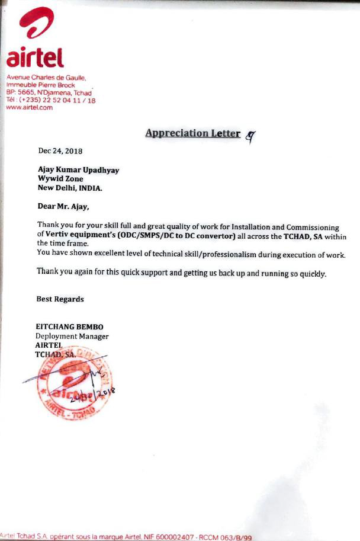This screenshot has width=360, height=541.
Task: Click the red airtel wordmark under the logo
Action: [x=35, y=58]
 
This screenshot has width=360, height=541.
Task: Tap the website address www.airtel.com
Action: [x=29, y=107]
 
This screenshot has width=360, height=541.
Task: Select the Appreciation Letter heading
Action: [x=192, y=133]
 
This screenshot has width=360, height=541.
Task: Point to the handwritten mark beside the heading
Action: [x=251, y=136]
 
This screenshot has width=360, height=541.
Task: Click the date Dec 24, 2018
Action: [x=61, y=152]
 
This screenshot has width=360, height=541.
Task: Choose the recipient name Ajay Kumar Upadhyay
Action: [x=78, y=170]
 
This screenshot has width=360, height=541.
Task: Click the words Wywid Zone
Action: [x=60, y=178]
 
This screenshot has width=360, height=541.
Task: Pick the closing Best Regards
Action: [x=60, y=299]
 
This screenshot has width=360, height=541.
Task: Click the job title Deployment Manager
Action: [x=72, y=336]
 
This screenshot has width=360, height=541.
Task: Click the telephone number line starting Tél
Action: [x=50, y=100]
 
